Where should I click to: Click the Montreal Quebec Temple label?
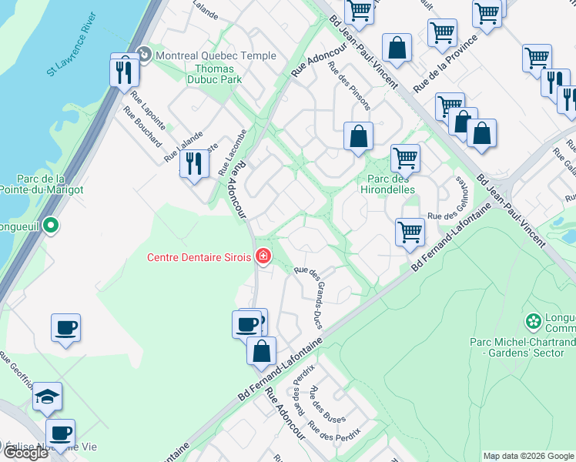point(216,55)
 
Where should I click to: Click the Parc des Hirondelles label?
point(386,183)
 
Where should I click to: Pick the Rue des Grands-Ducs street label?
point(312,297)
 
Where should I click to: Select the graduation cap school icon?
point(47,397)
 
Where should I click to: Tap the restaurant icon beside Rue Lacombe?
point(194,163)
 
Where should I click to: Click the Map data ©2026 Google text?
point(528,456)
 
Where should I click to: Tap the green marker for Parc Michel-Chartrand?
point(533,320)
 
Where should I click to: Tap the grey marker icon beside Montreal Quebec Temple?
point(143,55)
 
